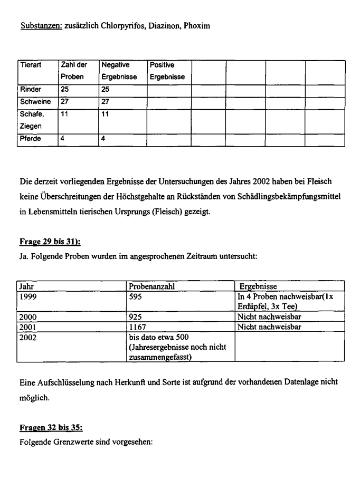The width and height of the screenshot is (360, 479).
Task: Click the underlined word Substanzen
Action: pos(41,26)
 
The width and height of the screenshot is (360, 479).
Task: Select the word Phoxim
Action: pos(197,26)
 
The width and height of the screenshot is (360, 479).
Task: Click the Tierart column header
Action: pos(30,65)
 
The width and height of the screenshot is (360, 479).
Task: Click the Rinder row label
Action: pos(30,90)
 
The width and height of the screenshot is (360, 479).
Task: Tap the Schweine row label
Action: pos(35,101)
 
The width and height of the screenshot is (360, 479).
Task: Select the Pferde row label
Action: pos(31,139)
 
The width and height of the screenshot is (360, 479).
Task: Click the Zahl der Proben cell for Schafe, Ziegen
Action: pos(65,113)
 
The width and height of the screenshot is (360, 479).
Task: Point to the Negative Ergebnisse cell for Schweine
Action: pos(106,101)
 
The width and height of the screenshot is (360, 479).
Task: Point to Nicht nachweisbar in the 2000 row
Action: pos(269,317)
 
